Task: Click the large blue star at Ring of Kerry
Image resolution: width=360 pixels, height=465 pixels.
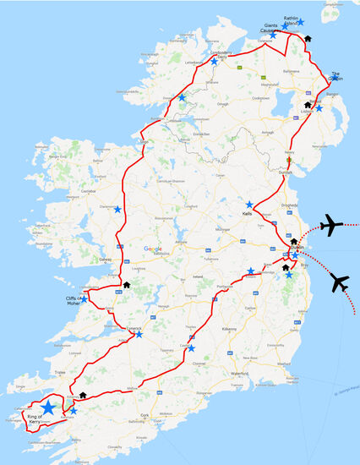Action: click(x=48, y=407)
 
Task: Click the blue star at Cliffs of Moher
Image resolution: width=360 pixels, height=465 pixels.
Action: click(x=84, y=298)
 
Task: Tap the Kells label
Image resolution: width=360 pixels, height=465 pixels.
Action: click(x=247, y=215)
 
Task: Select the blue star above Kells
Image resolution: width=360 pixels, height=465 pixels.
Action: click(x=249, y=205)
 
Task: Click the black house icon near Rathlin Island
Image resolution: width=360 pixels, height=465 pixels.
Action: click(x=308, y=38)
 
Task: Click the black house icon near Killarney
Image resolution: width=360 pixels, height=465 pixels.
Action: click(x=83, y=394)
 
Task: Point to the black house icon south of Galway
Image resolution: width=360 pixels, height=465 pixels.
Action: click(x=126, y=285)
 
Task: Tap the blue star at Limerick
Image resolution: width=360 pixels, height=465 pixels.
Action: click(x=139, y=335)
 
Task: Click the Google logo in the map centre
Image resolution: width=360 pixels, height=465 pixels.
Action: click(x=152, y=249)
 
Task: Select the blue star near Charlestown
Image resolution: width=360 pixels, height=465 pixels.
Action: click(x=117, y=209)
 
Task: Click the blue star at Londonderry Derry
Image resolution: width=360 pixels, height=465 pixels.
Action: click(x=214, y=62)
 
